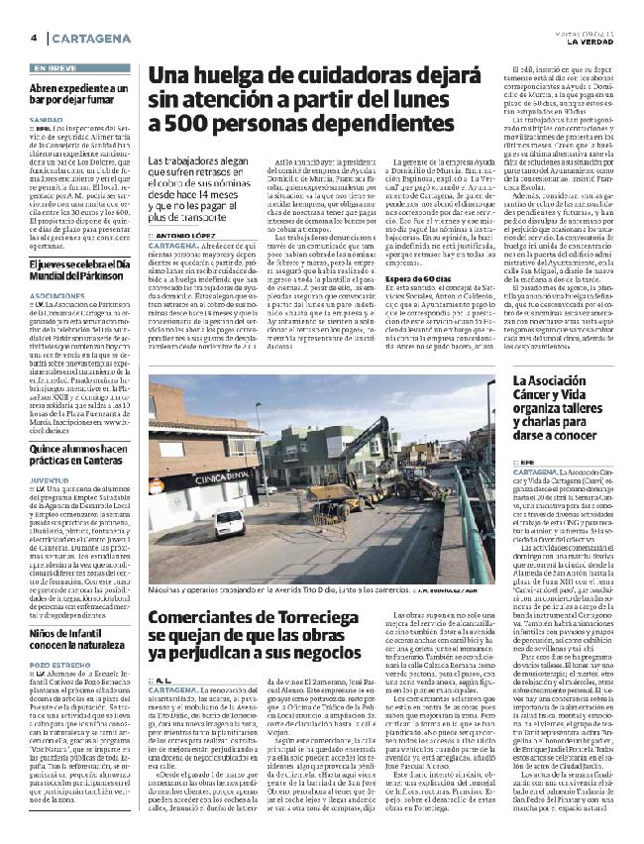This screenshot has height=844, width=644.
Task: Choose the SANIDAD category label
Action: [44, 119]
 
